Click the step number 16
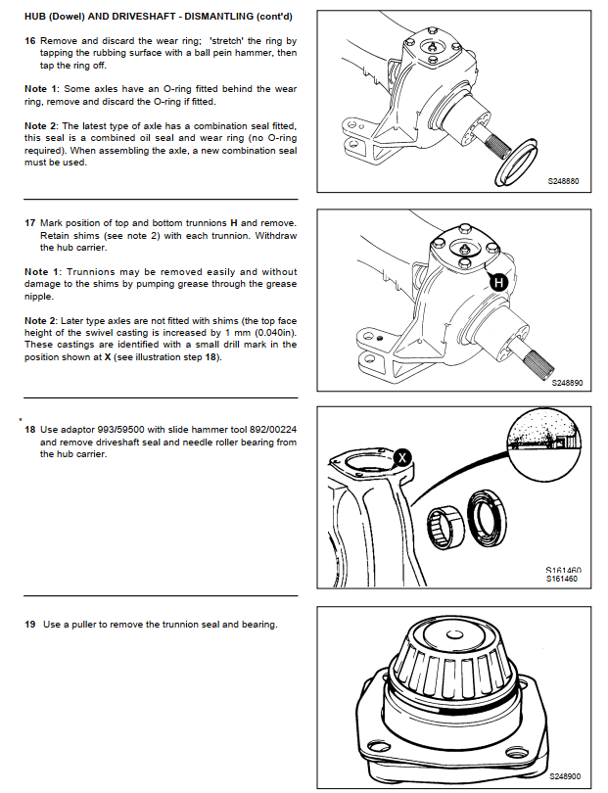click(x=29, y=42)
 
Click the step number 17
click(x=29, y=224)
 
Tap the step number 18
click(x=29, y=430)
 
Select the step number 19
click(x=29, y=624)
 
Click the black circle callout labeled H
click(x=497, y=283)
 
